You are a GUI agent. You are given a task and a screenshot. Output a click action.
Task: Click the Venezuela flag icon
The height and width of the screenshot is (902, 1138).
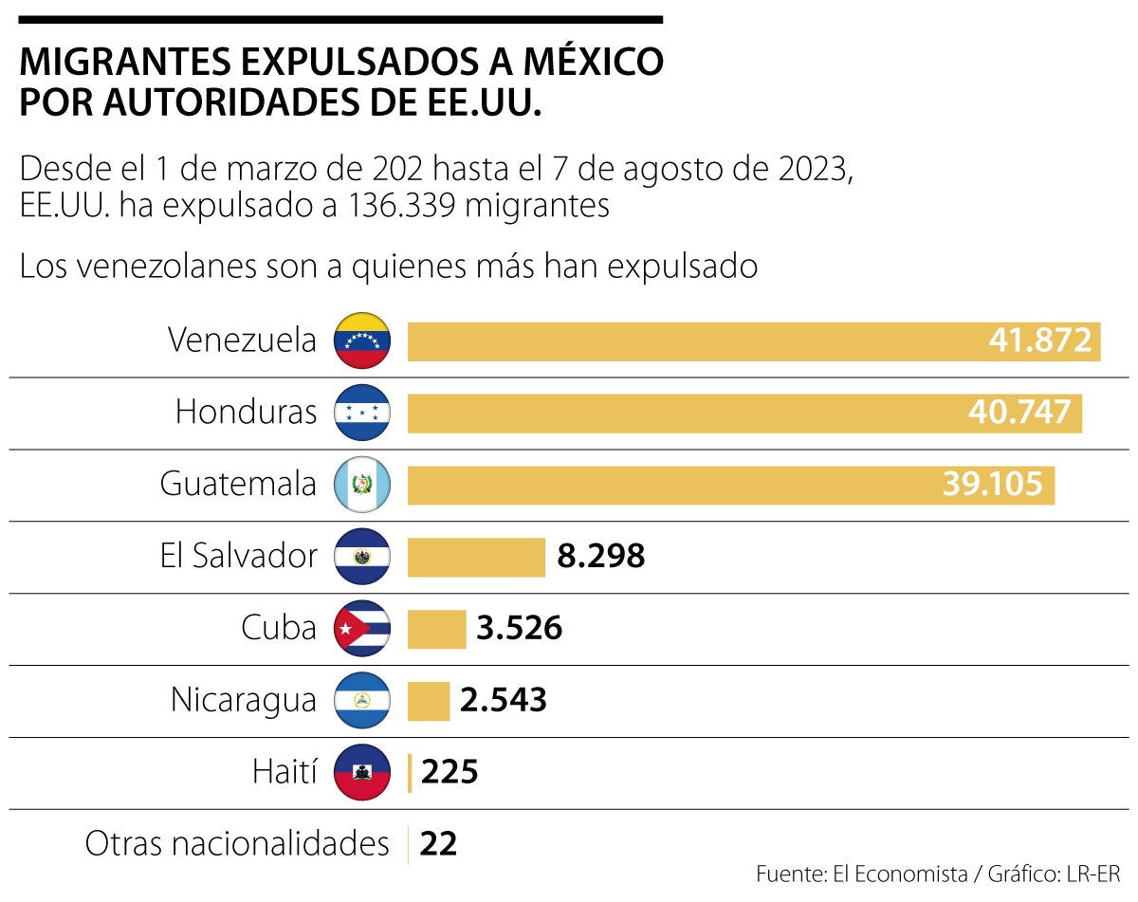(361, 341)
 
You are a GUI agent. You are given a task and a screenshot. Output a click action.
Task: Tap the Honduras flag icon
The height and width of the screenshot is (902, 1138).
(361, 413)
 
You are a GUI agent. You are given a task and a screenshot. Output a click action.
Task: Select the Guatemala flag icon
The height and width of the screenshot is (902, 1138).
(361, 485)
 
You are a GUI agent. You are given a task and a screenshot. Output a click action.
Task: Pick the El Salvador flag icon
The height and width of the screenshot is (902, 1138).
(361, 557)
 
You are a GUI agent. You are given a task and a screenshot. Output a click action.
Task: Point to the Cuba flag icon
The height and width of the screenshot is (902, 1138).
(361, 629)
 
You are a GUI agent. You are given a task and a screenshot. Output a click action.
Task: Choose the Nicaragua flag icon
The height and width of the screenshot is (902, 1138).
(361, 701)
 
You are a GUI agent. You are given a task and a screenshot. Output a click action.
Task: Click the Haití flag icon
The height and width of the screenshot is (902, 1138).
(361, 773)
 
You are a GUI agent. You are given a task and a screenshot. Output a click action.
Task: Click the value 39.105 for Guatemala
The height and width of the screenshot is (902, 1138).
(992, 485)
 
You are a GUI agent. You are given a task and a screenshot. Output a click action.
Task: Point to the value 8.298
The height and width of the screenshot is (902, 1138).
(600, 557)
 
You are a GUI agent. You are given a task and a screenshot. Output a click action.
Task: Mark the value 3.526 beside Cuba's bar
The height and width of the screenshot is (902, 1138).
(519, 629)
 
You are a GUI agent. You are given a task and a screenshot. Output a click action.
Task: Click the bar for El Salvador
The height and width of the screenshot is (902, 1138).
(476, 557)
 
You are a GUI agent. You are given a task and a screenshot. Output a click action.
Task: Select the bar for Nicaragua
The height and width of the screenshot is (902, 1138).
(429, 701)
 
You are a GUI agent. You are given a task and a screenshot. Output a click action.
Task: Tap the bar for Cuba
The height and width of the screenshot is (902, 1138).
(436, 629)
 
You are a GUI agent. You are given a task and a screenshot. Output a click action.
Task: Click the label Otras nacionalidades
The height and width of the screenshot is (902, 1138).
(237, 843)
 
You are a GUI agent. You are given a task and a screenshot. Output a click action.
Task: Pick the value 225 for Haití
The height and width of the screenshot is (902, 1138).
(449, 773)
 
